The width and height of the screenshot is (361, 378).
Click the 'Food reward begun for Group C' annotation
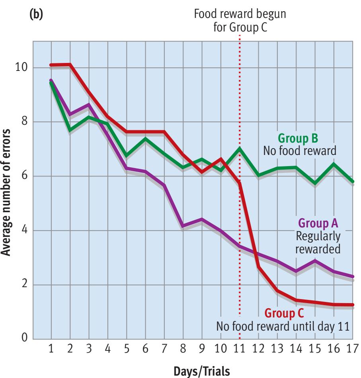(240, 20)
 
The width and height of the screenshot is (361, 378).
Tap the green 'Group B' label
(298, 139)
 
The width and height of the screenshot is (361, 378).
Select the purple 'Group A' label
(319, 223)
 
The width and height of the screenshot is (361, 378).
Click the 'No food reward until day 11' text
(283, 327)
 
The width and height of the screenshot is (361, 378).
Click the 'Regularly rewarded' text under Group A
(318, 243)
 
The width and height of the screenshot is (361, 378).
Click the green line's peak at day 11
(240, 148)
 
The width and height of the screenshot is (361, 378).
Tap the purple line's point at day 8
(183, 226)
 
